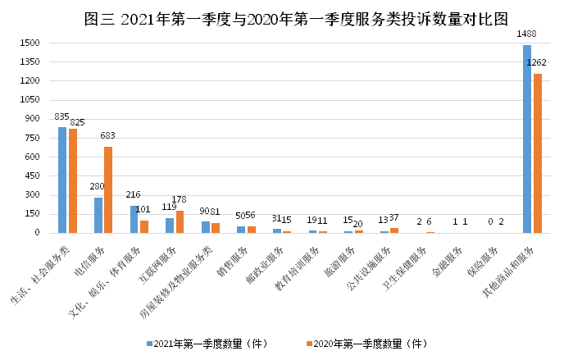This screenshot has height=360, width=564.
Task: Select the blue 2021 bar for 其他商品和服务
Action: [527, 139]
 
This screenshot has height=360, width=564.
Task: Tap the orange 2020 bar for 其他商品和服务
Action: [538, 153]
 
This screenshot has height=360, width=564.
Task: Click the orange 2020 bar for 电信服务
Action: [108, 189]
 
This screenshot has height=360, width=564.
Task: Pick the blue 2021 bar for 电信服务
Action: [98, 215]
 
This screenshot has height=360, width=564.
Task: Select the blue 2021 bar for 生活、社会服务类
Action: [62, 180]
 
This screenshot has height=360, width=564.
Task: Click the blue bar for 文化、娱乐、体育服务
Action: [134, 219]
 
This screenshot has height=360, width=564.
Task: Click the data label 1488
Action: [526, 34]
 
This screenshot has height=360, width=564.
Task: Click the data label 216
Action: [133, 195]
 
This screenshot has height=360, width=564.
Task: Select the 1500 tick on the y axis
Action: [29, 43]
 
